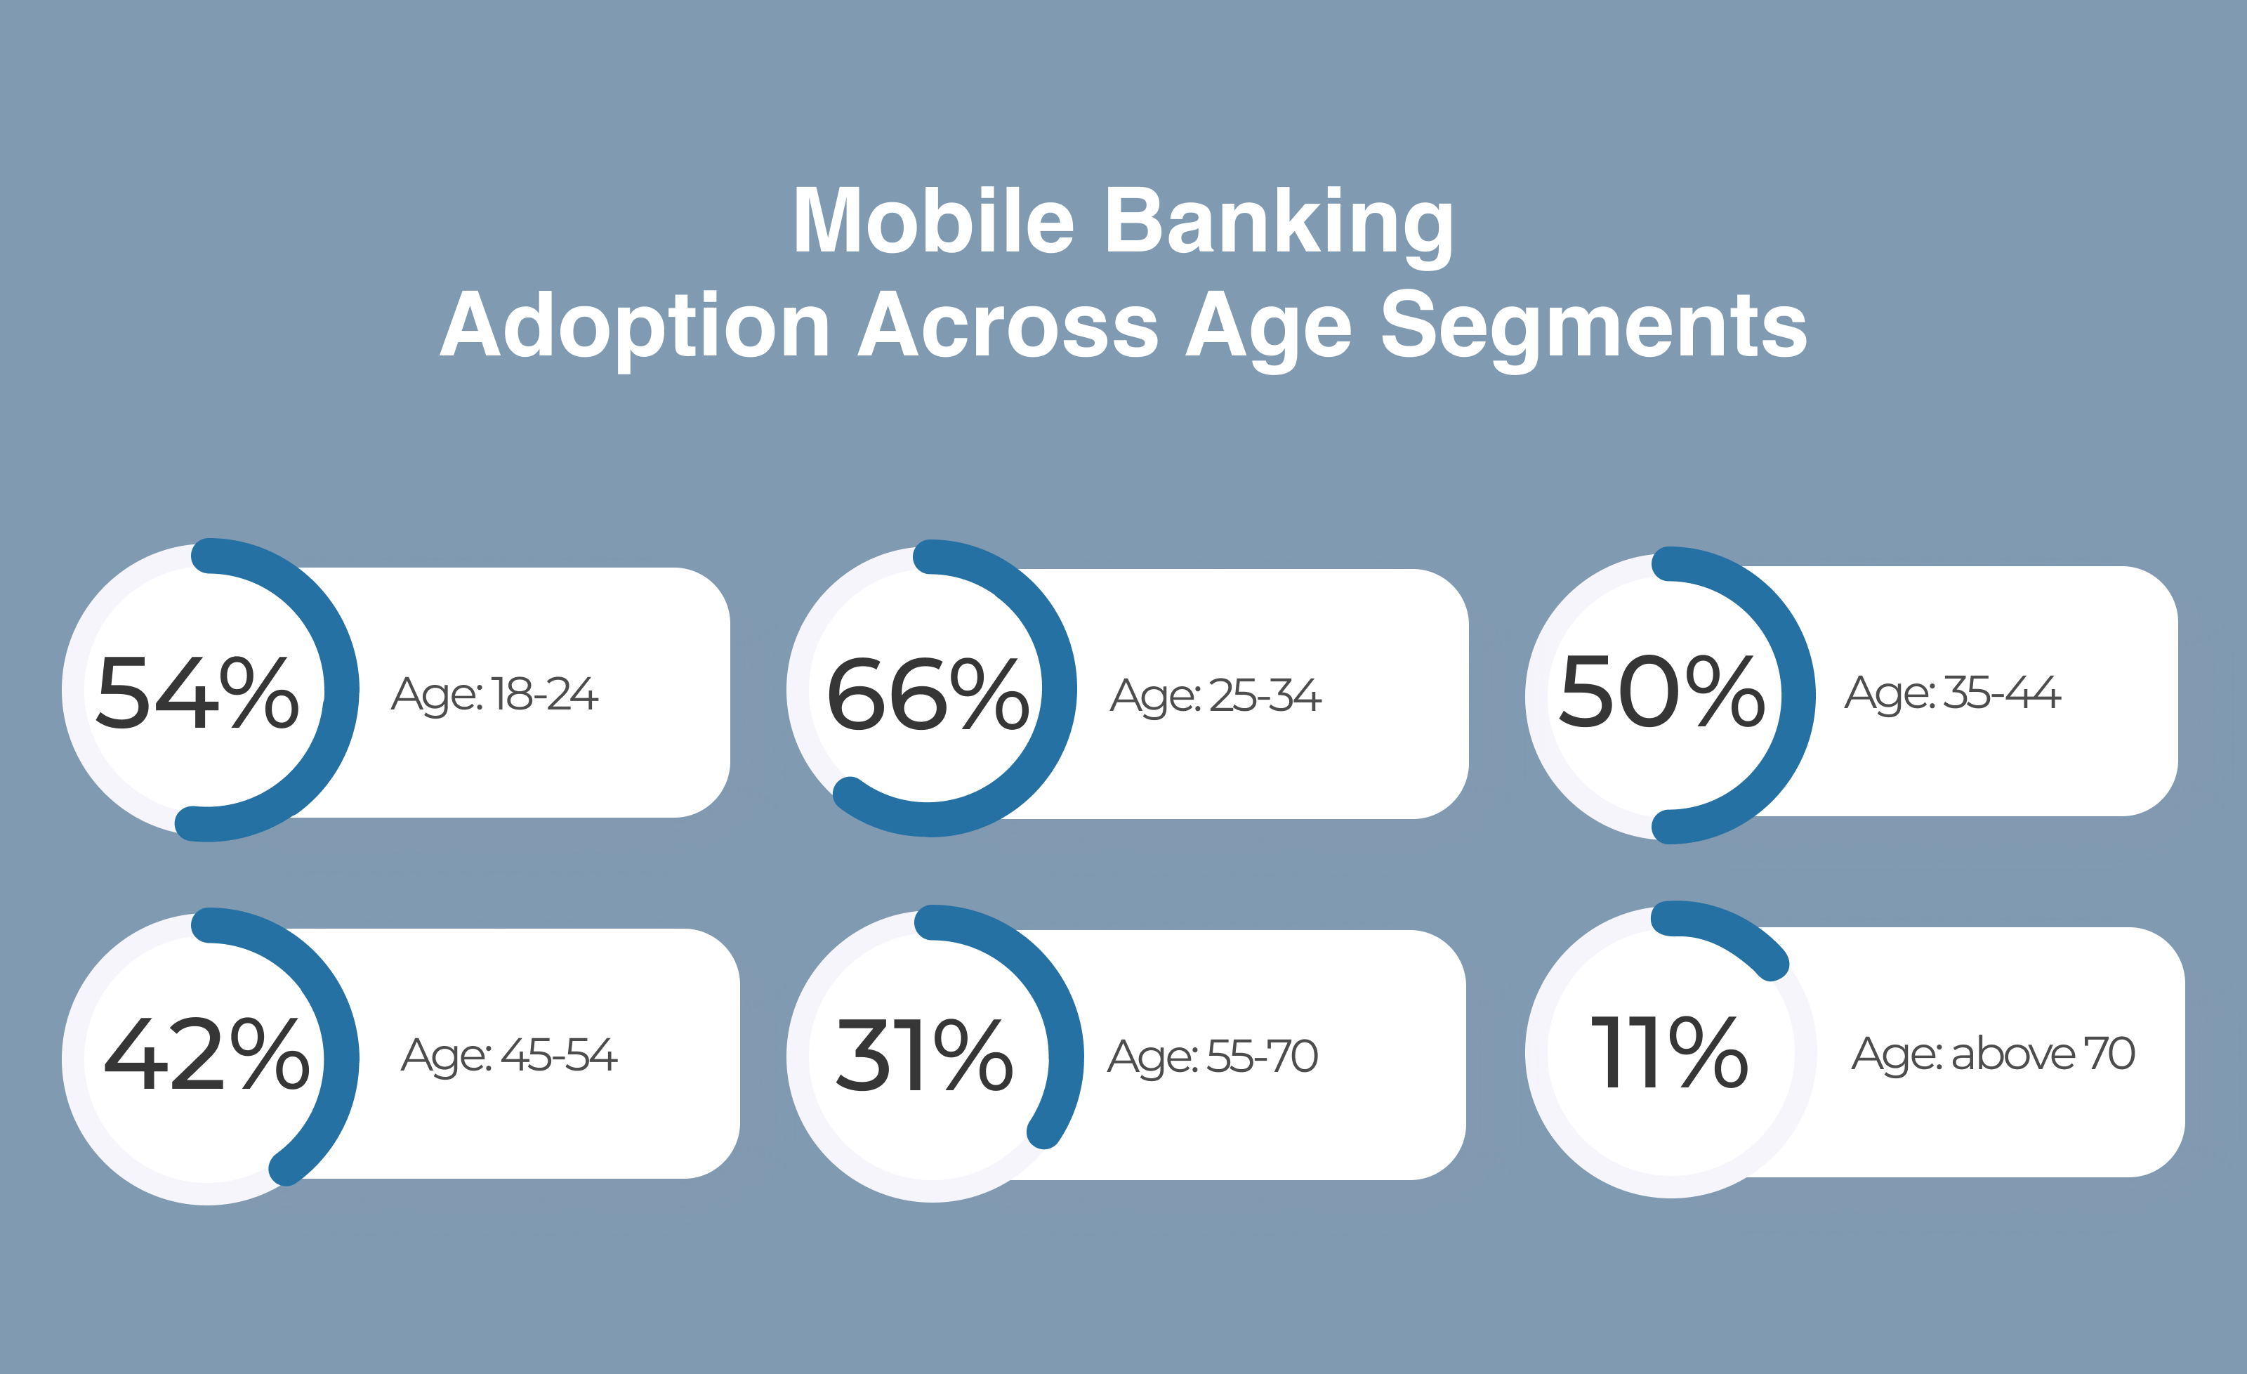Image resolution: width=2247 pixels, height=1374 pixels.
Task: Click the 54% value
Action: pos(198,693)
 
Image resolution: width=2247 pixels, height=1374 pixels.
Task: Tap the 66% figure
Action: pos(928,695)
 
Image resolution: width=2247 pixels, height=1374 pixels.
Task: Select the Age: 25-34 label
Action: pos(1215,697)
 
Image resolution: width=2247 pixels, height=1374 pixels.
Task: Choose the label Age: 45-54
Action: pos(510,1056)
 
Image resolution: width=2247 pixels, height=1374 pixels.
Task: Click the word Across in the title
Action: pos(1008,325)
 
